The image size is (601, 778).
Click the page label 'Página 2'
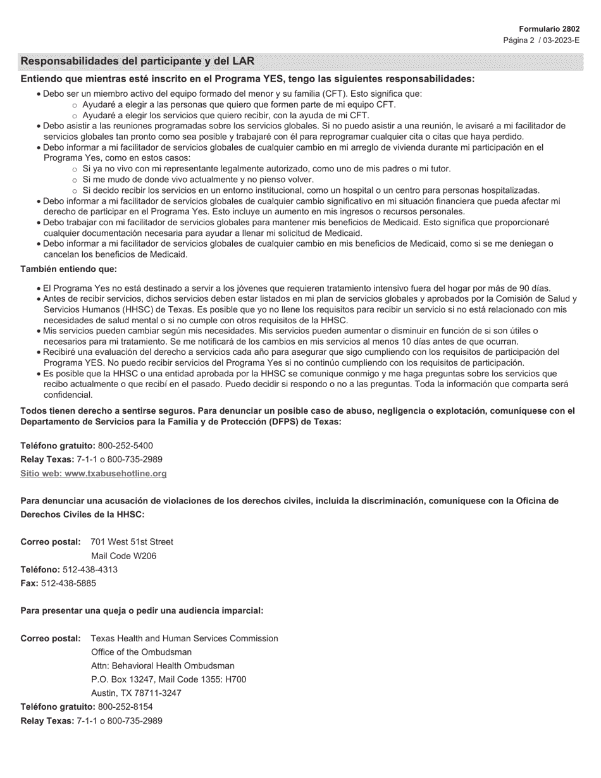click(519, 40)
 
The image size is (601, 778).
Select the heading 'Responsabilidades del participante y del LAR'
click(137, 61)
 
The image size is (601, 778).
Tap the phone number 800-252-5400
click(125, 445)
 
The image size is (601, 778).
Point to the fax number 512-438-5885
click(68, 583)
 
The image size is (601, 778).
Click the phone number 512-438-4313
click(90, 569)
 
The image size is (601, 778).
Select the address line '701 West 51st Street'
click(132, 541)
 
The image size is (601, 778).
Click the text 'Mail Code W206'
click(123, 555)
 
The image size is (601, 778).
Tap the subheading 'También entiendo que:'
click(68, 269)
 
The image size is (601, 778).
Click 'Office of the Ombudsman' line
click(141, 651)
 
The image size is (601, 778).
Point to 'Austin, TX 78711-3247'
click(136, 693)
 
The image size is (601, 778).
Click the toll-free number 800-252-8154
click(125, 707)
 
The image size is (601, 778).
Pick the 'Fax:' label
click(29, 583)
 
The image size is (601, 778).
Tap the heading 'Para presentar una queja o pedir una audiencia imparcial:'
click(142, 610)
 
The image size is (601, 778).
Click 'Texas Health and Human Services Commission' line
click(184, 638)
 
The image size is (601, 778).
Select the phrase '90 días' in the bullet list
click(535, 288)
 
